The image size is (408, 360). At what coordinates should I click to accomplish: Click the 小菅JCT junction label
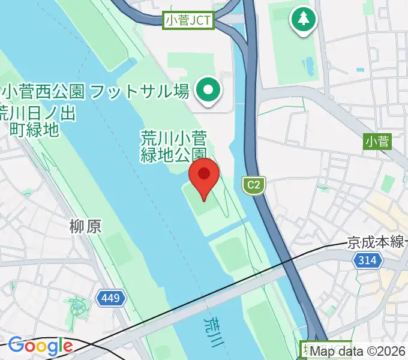point(188,21)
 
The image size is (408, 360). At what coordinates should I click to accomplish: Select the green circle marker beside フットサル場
point(209,91)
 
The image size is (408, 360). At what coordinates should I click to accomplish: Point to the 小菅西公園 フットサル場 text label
point(96,92)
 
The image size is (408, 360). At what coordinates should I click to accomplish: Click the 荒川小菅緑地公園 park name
point(174,146)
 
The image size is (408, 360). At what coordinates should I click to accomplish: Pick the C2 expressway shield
point(254,185)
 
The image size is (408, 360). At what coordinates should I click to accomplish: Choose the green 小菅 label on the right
point(377,142)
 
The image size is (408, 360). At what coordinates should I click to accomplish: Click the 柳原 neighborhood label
point(85,227)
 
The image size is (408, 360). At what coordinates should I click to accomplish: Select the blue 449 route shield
point(110,298)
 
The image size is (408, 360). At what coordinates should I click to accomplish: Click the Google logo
point(40,346)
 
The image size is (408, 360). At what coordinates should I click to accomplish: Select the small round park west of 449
point(78,308)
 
